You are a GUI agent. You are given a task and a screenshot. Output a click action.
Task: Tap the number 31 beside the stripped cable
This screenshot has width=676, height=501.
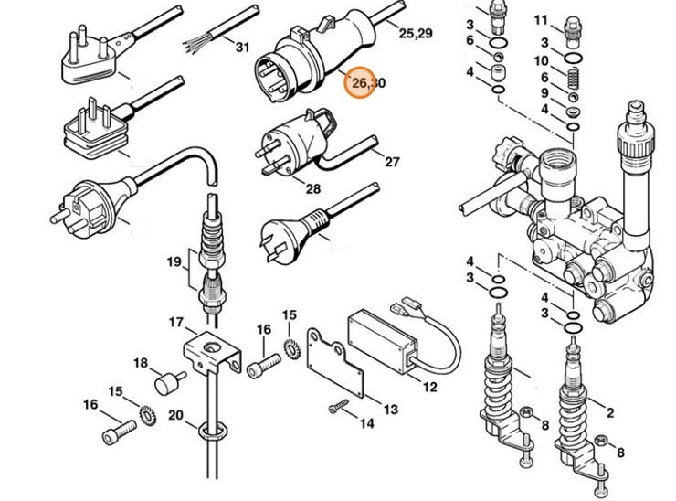[x=241, y=47]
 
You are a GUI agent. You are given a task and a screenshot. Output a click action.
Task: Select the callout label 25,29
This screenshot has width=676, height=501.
[x=416, y=33]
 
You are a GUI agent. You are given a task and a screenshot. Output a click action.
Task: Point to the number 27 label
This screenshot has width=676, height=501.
[x=392, y=162]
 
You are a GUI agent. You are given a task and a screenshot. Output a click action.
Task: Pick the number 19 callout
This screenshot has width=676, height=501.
[x=174, y=262]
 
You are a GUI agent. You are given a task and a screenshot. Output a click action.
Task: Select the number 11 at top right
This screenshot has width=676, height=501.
[x=541, y=19]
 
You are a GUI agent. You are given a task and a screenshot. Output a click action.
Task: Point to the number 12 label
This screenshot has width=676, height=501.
[x=428, y=387]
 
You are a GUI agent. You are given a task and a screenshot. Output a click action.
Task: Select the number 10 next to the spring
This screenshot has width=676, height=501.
[x=542, y=60]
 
